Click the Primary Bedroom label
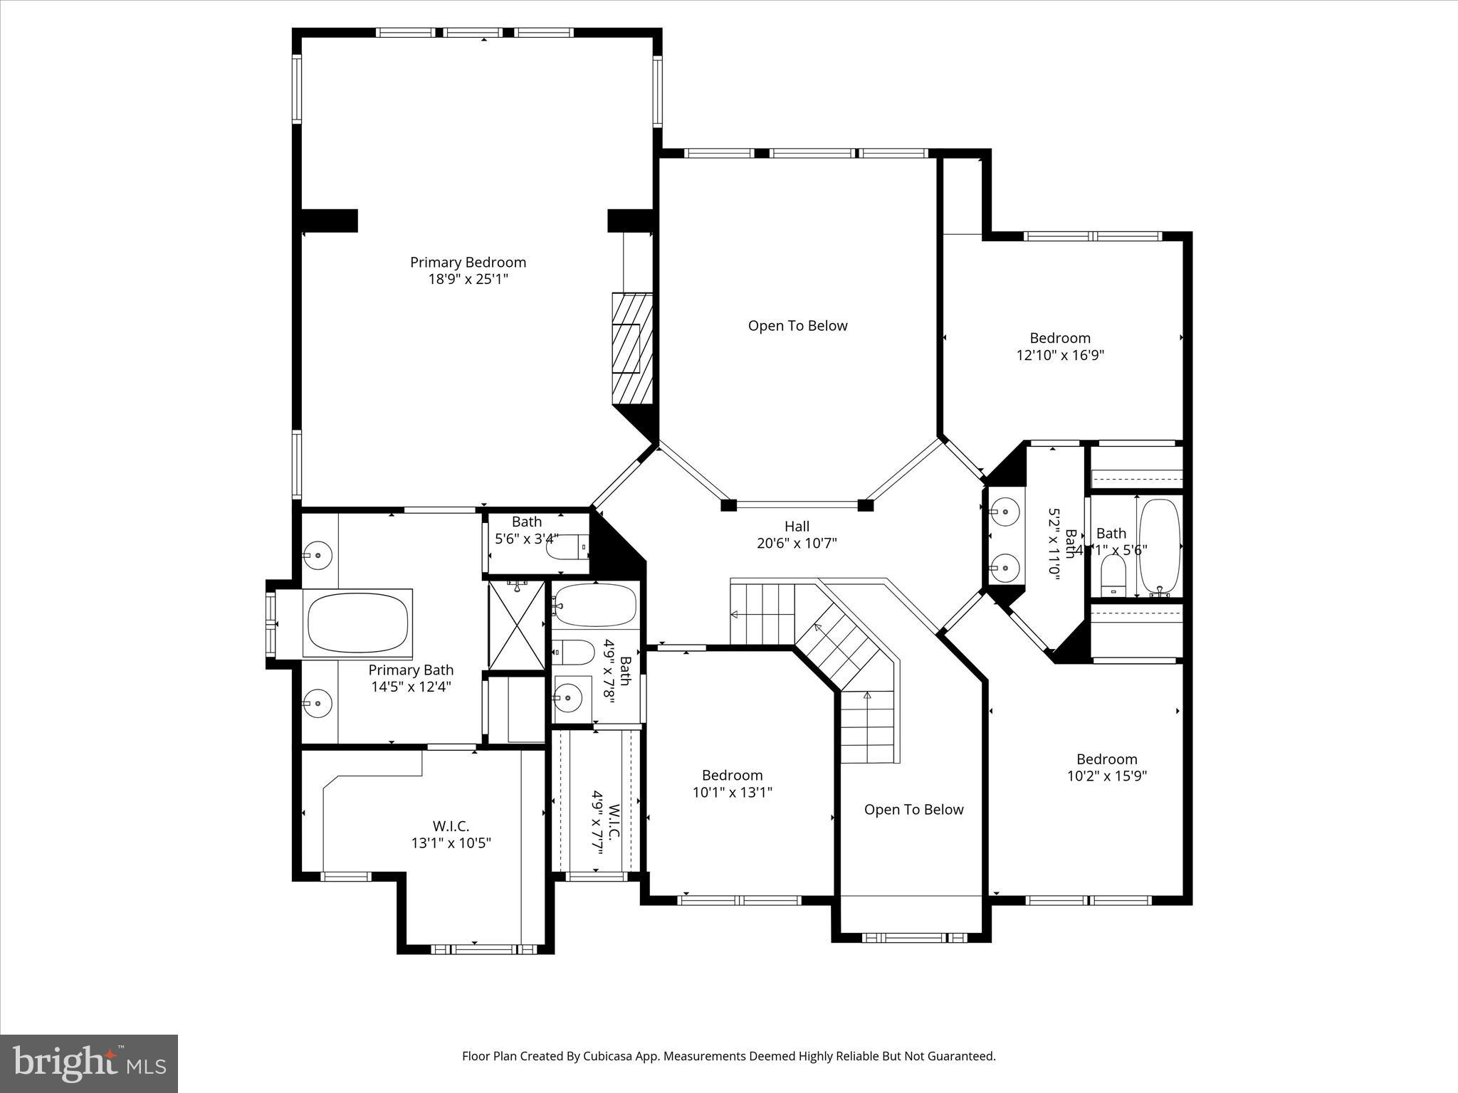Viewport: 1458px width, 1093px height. click(x=468, y=263)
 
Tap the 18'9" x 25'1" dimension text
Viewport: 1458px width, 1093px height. click(x=468, y=280)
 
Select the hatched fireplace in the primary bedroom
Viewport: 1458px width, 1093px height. click(x=632, y=349)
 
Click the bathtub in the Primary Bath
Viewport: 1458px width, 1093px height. click(x=358, y=623)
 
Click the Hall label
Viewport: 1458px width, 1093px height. click(x=797, y=527)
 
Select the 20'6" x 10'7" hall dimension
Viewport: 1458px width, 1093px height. click(x=797, y=544)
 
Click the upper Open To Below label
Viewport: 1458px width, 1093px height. click(x=797, y=326)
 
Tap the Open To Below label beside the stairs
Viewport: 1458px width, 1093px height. click(x=913, y=810)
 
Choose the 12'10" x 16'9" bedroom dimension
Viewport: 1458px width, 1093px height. click(x=1060, y=355)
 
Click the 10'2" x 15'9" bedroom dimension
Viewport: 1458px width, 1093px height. click(x=1106, y=776)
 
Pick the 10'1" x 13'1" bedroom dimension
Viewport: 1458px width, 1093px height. click(x=732, y=792)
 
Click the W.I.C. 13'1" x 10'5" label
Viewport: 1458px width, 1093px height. click(x=451, y=835)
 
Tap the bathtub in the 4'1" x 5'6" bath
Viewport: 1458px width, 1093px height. click(x=1159, y=546)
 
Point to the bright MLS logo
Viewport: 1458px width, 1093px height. click(x=89, y=1063)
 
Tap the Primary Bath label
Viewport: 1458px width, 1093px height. click(x=411, y=670)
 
